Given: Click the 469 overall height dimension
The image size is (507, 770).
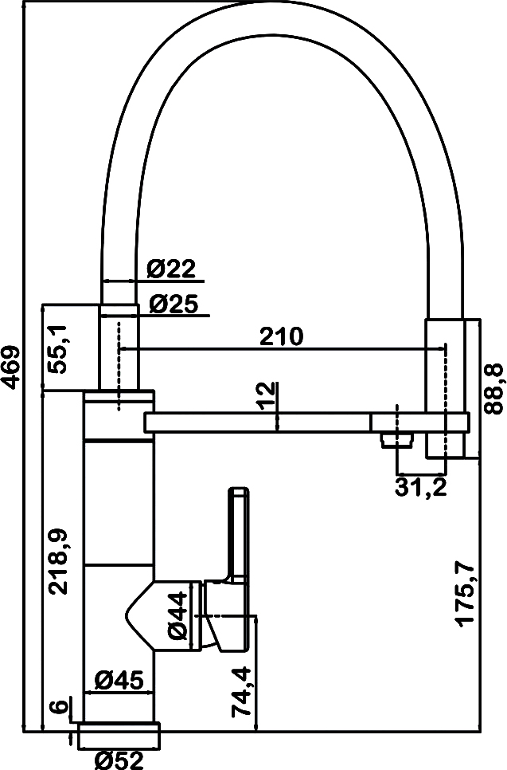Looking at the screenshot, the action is point(10,367).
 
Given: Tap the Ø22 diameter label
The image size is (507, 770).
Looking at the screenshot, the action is point(171,269).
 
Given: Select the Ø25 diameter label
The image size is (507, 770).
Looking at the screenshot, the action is point(174,304).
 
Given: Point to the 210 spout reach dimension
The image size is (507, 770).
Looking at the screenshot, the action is point(282,337).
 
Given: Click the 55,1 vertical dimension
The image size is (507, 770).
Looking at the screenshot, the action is point(56,349).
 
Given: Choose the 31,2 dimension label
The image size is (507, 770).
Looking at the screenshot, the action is point(421,487).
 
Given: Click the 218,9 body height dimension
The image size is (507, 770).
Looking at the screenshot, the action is point(58,562).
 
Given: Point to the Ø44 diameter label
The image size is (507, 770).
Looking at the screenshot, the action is point(177,616).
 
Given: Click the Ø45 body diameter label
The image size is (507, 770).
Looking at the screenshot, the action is point(119,680).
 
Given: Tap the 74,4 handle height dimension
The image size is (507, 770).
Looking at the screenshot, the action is point(242,691).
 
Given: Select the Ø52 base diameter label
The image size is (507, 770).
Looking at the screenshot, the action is point(119,760).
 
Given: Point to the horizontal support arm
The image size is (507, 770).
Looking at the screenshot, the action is point(306,422).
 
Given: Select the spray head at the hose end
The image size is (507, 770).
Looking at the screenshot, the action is point(444,388).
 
